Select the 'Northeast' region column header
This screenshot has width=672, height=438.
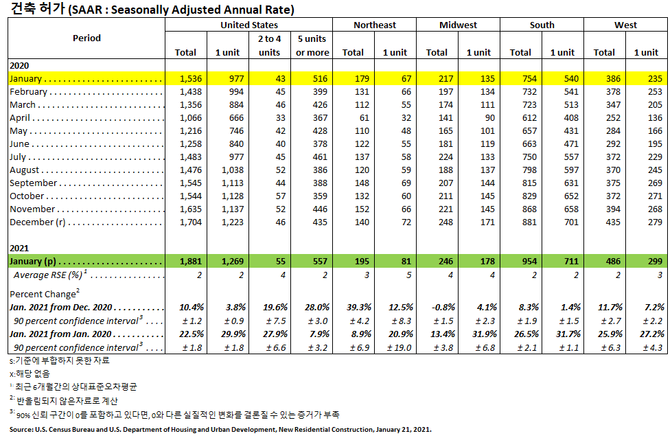pyautogui.click(x=374, y=25)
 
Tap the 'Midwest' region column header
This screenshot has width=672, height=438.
pyautogui.click(x=458, y=25)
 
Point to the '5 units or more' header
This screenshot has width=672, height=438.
pyautogui.click(x=312, y=45)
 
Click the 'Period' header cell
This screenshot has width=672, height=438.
pyautogui.click(x=86, y=38)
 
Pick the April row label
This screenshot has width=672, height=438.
pyautogui.click(x=21, y=118)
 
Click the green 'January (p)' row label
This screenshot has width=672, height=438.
pyautogui.click(x=32, y=262)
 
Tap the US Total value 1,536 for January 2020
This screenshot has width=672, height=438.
pyautogui.click(x=185, y=79)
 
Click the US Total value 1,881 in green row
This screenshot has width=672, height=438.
pyautogui.click(x=185, y=262)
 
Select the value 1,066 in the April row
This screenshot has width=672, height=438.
pyautogui.click(x=185, y=118)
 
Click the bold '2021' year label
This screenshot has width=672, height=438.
pyautogui.click(x=20, y=248)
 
